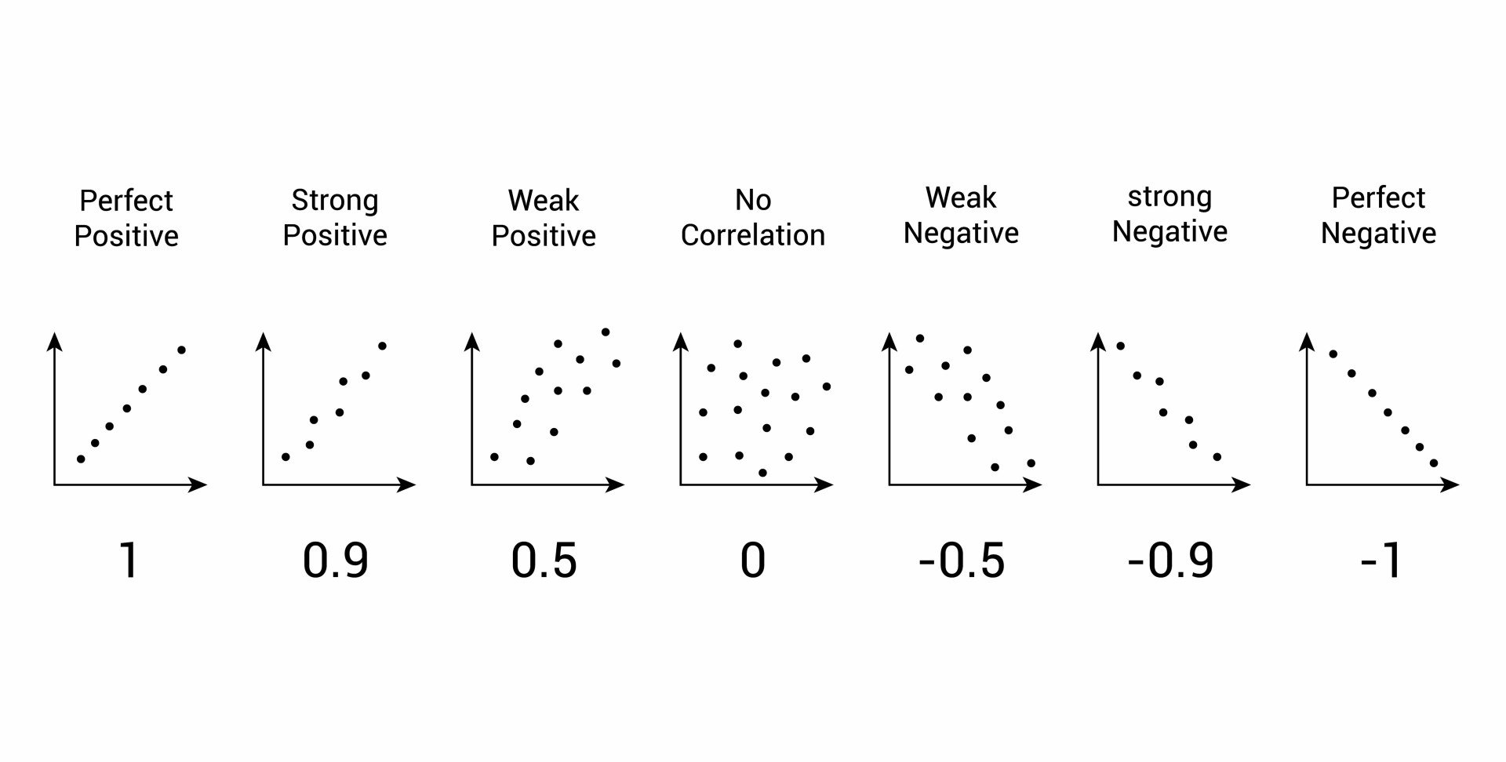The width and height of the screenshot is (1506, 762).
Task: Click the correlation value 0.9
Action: pos(335,561)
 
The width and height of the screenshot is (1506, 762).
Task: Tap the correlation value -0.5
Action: pos(961,561)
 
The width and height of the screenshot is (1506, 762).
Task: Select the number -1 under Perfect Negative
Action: pos(1381,561)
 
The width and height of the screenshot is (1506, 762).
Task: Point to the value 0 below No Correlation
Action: pos(752,561)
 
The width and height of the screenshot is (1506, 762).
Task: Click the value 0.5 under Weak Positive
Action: pos(544,561)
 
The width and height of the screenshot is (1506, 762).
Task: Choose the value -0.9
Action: pos(1170,561)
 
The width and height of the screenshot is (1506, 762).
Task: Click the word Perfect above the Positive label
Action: pos(125,201)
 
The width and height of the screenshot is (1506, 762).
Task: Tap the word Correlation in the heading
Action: pos(752,235)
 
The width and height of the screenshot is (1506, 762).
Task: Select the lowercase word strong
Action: pos(1170,197)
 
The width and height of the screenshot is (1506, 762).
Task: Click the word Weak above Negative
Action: pos(960,198)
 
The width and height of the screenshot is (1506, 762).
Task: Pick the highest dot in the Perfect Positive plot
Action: pos(181,350)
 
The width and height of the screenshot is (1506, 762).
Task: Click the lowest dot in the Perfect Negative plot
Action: pos(1434,463)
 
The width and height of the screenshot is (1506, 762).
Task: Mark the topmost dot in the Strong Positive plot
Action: pos(383,346)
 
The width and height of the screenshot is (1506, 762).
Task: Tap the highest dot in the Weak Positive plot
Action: pos(606,332)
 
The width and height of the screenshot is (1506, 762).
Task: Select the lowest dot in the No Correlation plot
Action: pos(762,473)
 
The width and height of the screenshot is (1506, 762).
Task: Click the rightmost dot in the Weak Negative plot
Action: pos(1031,463)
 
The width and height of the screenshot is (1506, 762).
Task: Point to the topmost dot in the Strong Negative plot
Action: pos(1121,346)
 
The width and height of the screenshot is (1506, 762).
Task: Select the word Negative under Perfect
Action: pos(1378,233)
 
